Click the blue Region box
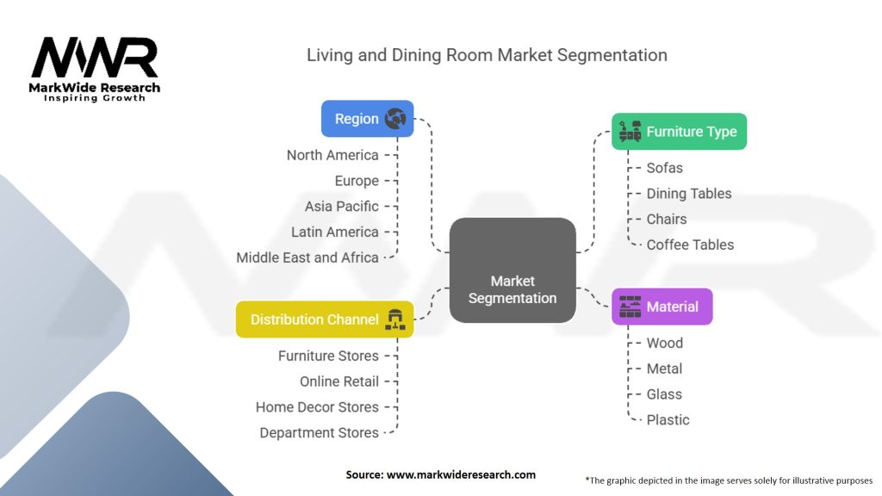pyautogui.click(x=367, y=119)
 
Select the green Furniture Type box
pyautogui.click(x=679, y=132)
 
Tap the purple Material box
pyautogui.click(x=662, y=307)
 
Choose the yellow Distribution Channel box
pyautogui.click(x=325, y=319)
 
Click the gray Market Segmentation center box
pyautogui.click(x=512, y=270)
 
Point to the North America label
pyautogui.click(x=332, y=155)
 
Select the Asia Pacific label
pyautogui.click(x=341, y=207)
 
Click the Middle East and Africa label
pyautogui.click(x=307, y=257)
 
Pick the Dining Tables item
pyautogui.click(x=689, y=194)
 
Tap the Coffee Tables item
pyautogui.click(x=690, y=245)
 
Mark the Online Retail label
pyautogui.click(x=339, y=381)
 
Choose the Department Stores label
pyautogui.click(x=319, y=432)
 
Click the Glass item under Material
pyautogui.click(x=664, y=394)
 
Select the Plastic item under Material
pyautogui.click(x=668, y=420)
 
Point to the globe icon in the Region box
pyautogui.click(x=395, y=119)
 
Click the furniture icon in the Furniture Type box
pyautogui.click(x=630, y=131)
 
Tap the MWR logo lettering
pyautogui.click(x=95, y=58)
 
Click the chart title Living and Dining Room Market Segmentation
pyautogui.click(x=488, y=55)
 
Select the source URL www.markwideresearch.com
pyautogui.click(x=461, y=474)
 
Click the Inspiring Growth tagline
pyautogui.click(x=95, y=98)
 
